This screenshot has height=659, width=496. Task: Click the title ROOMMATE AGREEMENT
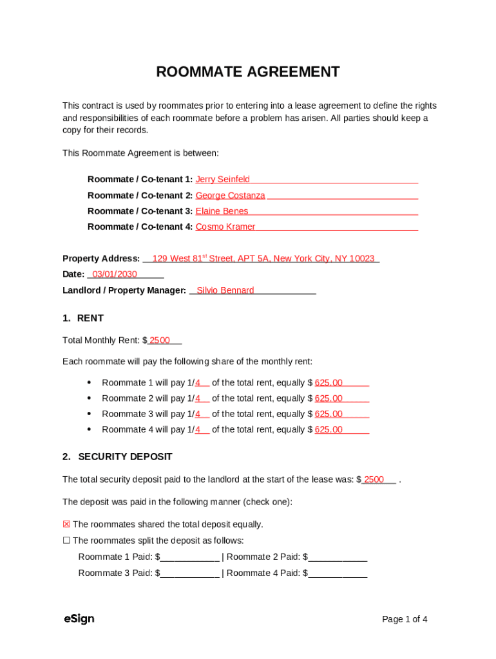tap(248, 72)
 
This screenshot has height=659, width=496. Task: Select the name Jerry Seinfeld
tap(223, 180)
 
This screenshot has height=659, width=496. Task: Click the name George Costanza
tap(230, 196)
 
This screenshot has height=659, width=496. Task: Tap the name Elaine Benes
tap(222, 211)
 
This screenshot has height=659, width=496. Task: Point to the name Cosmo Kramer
tap(225, 227)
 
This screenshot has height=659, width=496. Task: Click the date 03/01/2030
tap(115, 274)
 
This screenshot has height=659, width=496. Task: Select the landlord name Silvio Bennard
tap(225, 290)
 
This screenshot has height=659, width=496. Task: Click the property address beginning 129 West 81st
tap(263, 259)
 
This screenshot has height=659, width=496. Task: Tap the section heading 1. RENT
tap(83, 318)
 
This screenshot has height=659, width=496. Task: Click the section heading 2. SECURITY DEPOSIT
tap(117, 456)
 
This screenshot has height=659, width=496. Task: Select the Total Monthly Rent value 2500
tap(160, 340)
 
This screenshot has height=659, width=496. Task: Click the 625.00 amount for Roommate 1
tap(329, 383)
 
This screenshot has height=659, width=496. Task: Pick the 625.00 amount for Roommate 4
tap(329, 430)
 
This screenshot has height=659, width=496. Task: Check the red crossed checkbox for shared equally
tap(66, 524)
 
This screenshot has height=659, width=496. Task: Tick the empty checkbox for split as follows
tap(66, 541)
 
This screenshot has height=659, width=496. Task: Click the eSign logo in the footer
tap(79, 619)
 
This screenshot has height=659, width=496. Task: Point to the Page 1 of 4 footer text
tap(405, 619)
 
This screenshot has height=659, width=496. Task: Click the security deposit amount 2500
tap(374, 479)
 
